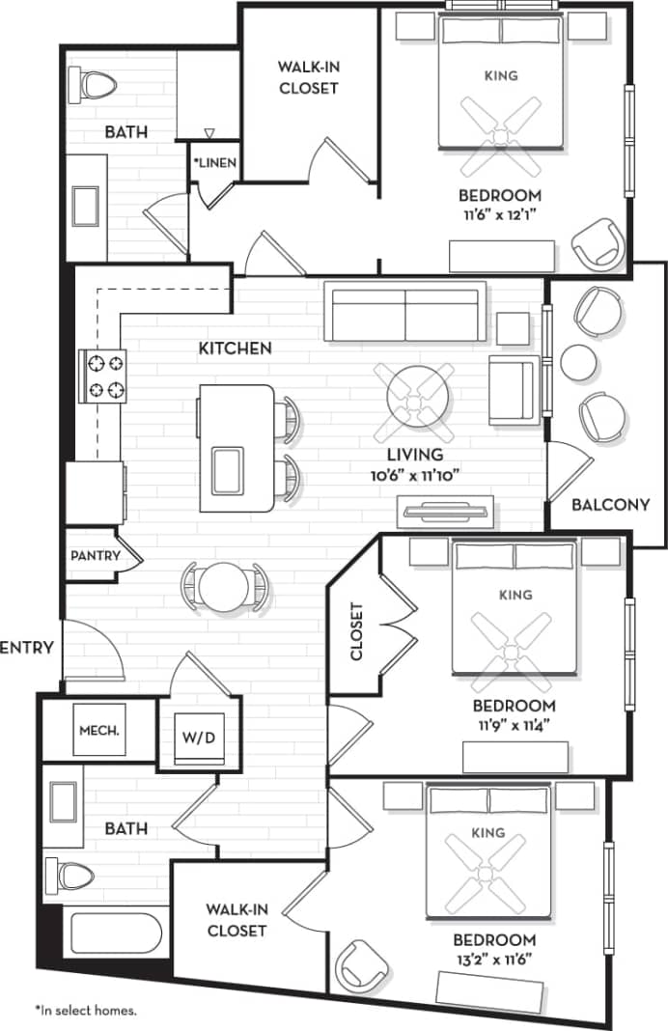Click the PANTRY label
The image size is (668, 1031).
[x=96, y=556]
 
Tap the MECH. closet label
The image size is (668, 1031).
[x=98, y=731]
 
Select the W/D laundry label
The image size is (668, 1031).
[x=198, y=738]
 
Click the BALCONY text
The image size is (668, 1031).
[x=610, y=504]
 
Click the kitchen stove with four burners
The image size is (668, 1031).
[x=104, y=377]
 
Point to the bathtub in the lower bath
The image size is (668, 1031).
[x=114, y=933]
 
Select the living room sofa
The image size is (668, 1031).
[x=404, y=314]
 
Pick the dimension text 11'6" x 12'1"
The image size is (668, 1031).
[x=500, y=213]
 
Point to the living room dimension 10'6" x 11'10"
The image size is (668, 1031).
[x=414, y=474]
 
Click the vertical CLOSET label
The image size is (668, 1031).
[x=356, y=632]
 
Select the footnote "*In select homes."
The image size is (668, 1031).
[x=86, y=1011]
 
